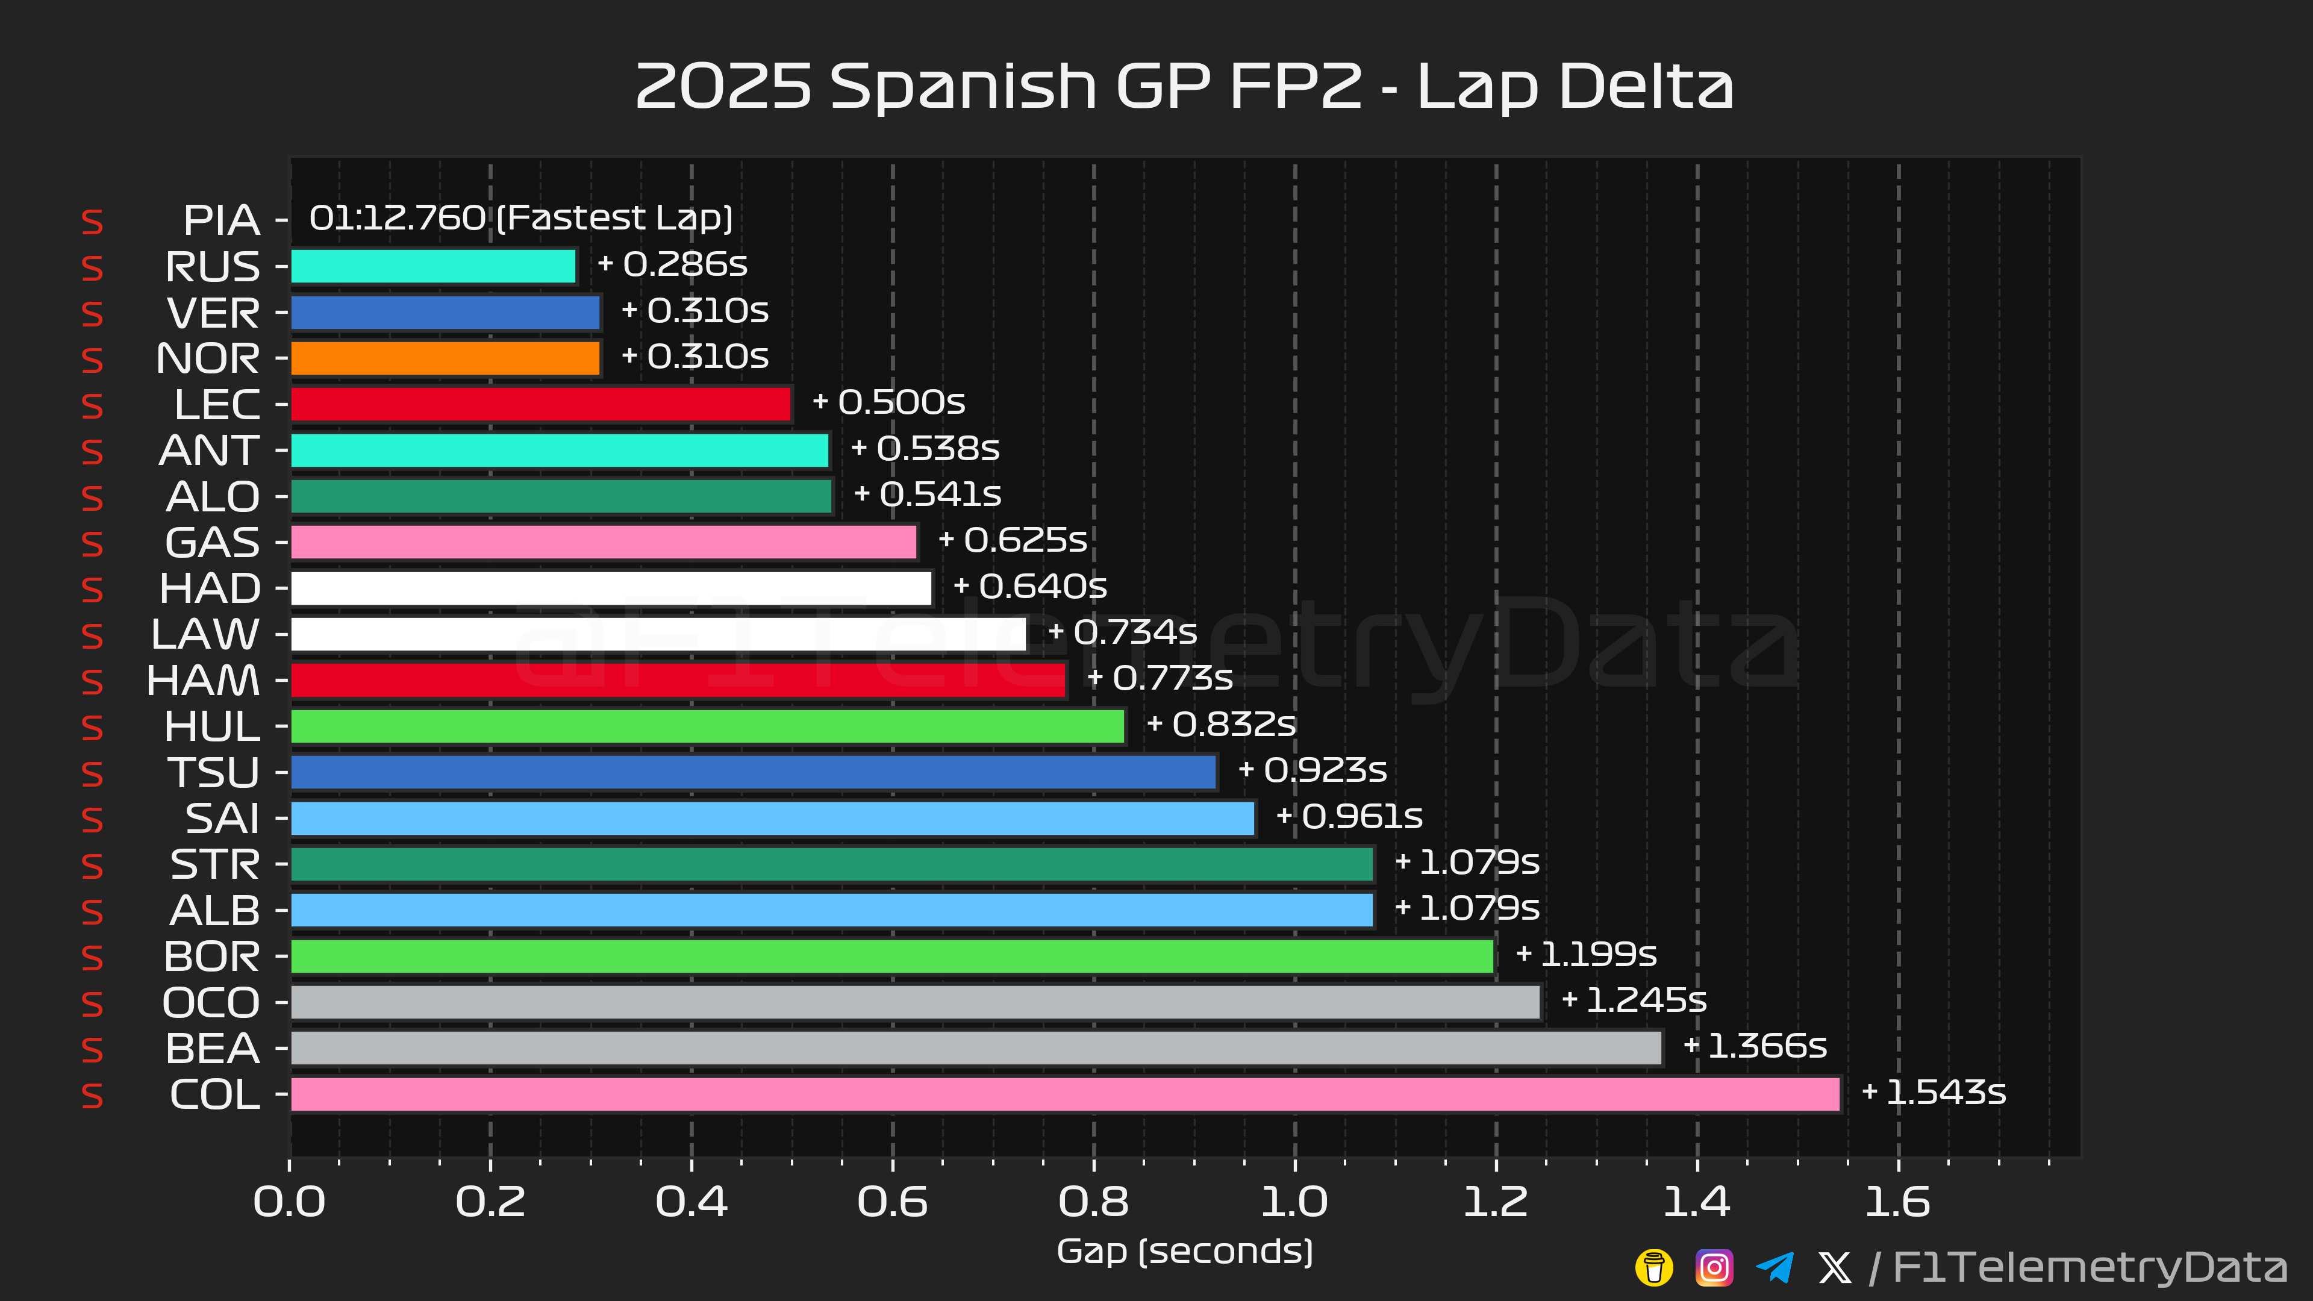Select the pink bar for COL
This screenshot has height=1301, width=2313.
tap(1065, 1094)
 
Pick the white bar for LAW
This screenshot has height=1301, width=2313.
tap(658, 634)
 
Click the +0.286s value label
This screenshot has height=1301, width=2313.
tap(673, 264)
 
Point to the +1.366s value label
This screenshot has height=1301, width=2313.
tap(1755, 1046)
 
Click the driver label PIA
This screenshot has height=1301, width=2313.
tap(221, 220)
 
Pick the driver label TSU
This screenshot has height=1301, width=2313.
tap(214, 773)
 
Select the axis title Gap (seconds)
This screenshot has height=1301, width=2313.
tap(1184, 1251)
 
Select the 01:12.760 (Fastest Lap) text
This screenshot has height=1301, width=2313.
tap(521, 218)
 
